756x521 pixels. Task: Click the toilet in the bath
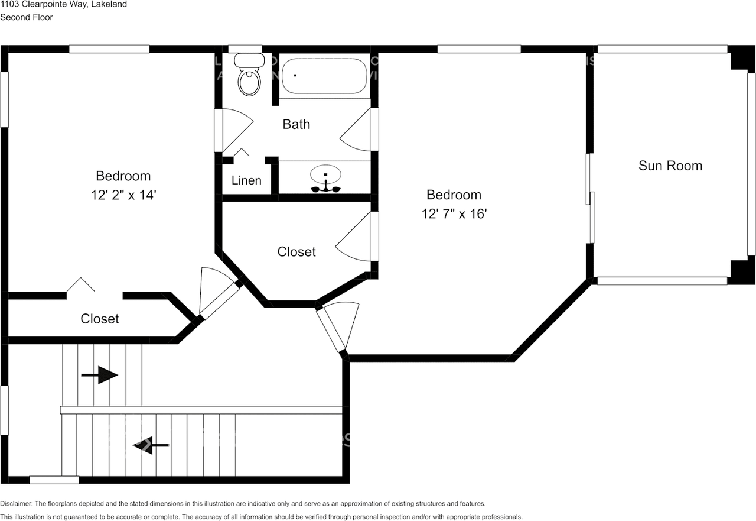tap(249, 76)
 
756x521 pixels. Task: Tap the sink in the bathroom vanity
tap(325, 176)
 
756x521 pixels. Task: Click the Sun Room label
tap(670, 166)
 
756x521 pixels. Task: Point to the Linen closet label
tap(246, 180)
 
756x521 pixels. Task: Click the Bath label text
tap(296, 124)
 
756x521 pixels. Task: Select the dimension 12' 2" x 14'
tap(123, 195)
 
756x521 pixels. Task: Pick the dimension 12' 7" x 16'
tap(454, 213)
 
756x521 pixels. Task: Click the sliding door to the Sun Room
tap(591, 199)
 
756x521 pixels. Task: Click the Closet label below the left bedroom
tap(100, 319)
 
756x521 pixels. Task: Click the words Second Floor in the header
tap(27, 17)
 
